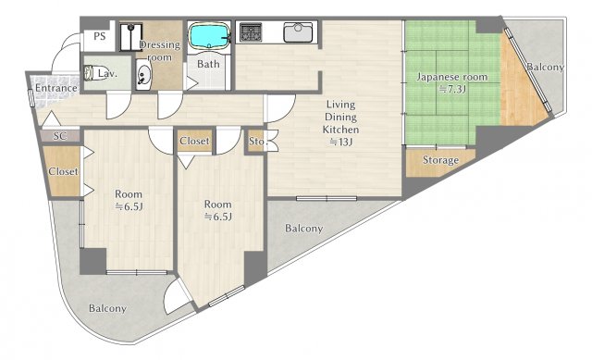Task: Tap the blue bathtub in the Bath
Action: tap(208, 38)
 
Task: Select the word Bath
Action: tap(207, 64)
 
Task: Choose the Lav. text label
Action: tap(107, 72)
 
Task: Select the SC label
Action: tap(59, 136)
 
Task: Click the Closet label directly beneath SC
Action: tap(63, 171)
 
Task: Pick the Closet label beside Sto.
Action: tap(193, 142)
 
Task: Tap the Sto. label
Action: tap(256, 142)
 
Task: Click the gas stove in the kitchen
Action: tap(251, 33)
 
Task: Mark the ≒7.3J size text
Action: tap(450, 89)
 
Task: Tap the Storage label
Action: tap(440, 160)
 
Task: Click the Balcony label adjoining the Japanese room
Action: tap(545, 68)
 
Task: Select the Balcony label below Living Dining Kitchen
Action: tap(303, 229)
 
